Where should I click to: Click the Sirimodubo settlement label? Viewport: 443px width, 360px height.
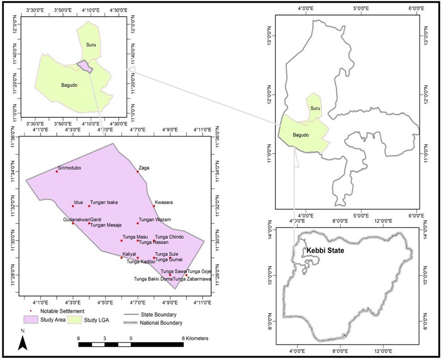[69, 168]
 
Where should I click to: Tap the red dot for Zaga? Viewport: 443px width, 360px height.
[138, 171]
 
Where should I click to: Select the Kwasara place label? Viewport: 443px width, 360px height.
[164, 202]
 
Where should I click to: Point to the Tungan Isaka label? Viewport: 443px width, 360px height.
[104, 202]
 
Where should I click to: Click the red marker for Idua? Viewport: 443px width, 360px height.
[73, 206]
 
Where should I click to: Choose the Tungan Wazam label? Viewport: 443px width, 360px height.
[155, 220]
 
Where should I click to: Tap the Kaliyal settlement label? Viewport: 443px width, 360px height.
[129, 254]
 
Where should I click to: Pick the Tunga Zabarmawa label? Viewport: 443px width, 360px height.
[192, 279]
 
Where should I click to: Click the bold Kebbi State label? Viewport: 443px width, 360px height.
[325, 251]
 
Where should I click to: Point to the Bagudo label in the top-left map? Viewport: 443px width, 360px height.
[69, 85]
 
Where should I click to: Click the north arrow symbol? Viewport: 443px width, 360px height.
[22, 340]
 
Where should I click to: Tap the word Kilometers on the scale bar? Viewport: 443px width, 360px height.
[195, 338]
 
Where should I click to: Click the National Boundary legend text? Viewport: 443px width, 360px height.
[162, 323]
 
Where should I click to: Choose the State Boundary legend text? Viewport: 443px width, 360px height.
[158, 315]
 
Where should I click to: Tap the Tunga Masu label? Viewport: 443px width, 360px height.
[135, 237]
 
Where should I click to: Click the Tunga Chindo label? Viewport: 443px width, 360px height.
[169, 237]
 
